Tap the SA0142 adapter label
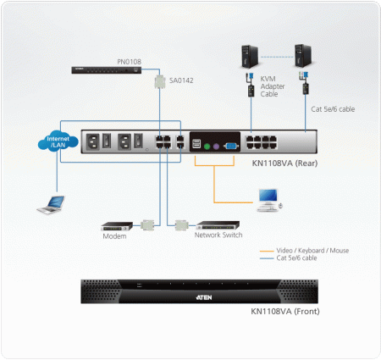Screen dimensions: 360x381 (181, 80)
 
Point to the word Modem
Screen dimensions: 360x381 (114, 236)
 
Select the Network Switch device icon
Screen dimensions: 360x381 (218, 226)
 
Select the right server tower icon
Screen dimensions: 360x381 (303, 57)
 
